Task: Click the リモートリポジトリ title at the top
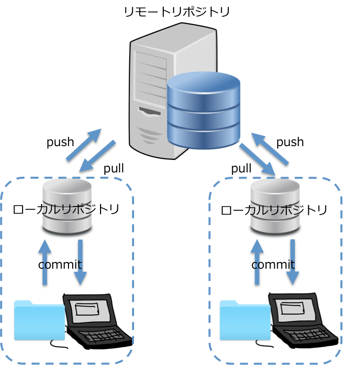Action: (177, 12)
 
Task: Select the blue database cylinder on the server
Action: (203, 111)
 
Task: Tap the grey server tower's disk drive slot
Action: (150, 112)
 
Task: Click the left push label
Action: (60, 142)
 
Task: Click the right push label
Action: (290, 142)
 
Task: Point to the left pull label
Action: (113, 168)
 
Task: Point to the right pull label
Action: (241, 168)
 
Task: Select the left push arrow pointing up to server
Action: (84, 145)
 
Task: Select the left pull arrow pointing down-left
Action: (97, 156)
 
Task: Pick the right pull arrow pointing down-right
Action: (257, 159)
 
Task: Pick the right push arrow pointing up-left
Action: (270, 149)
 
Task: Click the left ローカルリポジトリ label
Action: (66, 209)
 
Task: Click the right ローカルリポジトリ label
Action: (274, 210)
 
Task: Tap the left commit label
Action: (60, 264)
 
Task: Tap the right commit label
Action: (273, 264)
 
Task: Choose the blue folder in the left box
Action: (40, 320)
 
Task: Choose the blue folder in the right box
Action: (245, 320)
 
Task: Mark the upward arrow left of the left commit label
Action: (45, 262)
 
